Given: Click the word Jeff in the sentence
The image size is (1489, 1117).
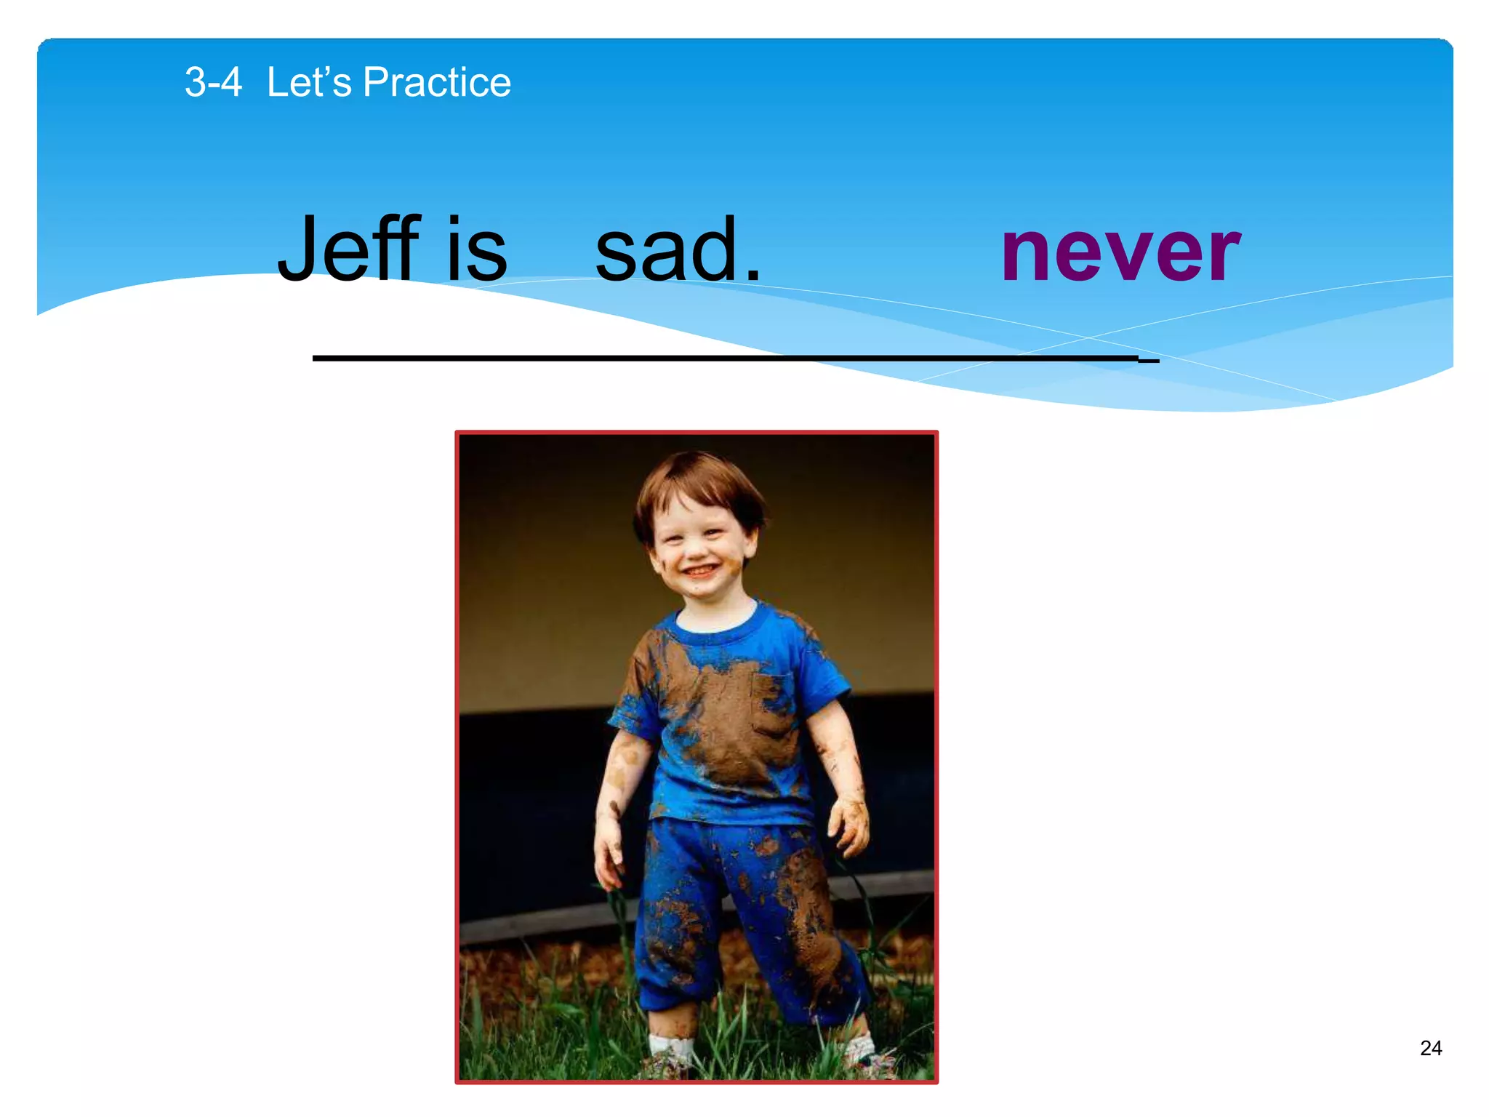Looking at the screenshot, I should (x=349, y=249).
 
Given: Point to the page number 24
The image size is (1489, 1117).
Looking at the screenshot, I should (x=1430, y=1048).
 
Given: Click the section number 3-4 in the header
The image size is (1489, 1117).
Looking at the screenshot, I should (x=213, y=82).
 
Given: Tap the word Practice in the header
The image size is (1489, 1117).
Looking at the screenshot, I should (x=437, y=82).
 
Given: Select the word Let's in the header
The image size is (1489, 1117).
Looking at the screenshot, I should (x=309, y=82).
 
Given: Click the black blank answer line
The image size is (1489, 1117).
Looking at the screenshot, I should (x=727, y=358).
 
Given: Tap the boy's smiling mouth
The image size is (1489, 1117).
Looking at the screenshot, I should (x=699, y=572).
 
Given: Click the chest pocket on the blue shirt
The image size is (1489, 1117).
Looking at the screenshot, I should (x=772, y=702).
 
